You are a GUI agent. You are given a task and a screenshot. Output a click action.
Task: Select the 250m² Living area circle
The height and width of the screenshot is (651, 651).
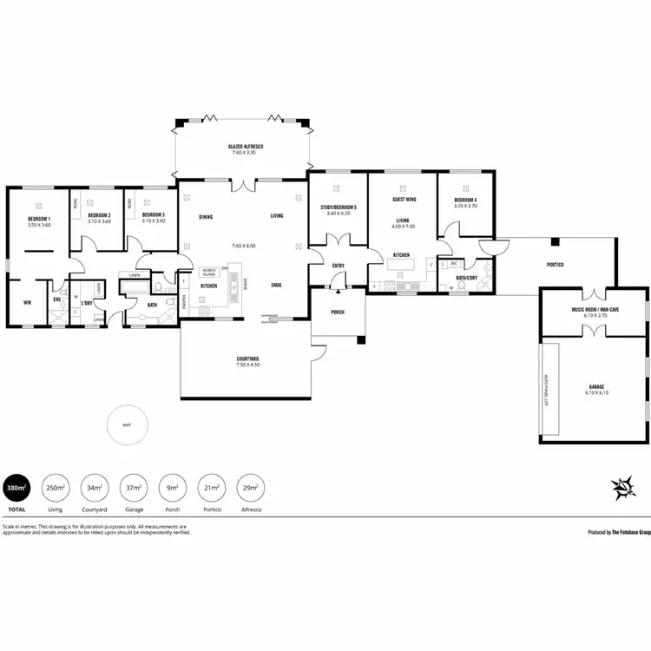[x=56, y=488]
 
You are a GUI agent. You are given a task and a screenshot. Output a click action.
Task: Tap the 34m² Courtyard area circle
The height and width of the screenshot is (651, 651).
[x=94, y=488]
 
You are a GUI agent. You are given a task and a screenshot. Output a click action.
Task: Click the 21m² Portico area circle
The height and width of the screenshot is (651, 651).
[x=210, y=488]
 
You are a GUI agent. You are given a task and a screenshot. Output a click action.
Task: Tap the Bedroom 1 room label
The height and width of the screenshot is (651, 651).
[x=39, y=220]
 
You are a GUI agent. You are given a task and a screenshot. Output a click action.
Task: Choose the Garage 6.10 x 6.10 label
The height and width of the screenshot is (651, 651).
[x=595, y=389]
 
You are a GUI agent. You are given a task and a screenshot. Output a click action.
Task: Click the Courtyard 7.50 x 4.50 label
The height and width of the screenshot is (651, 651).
[x=248, y=361]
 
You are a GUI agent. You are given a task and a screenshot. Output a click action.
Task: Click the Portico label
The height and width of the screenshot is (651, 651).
[x=556, y=265]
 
